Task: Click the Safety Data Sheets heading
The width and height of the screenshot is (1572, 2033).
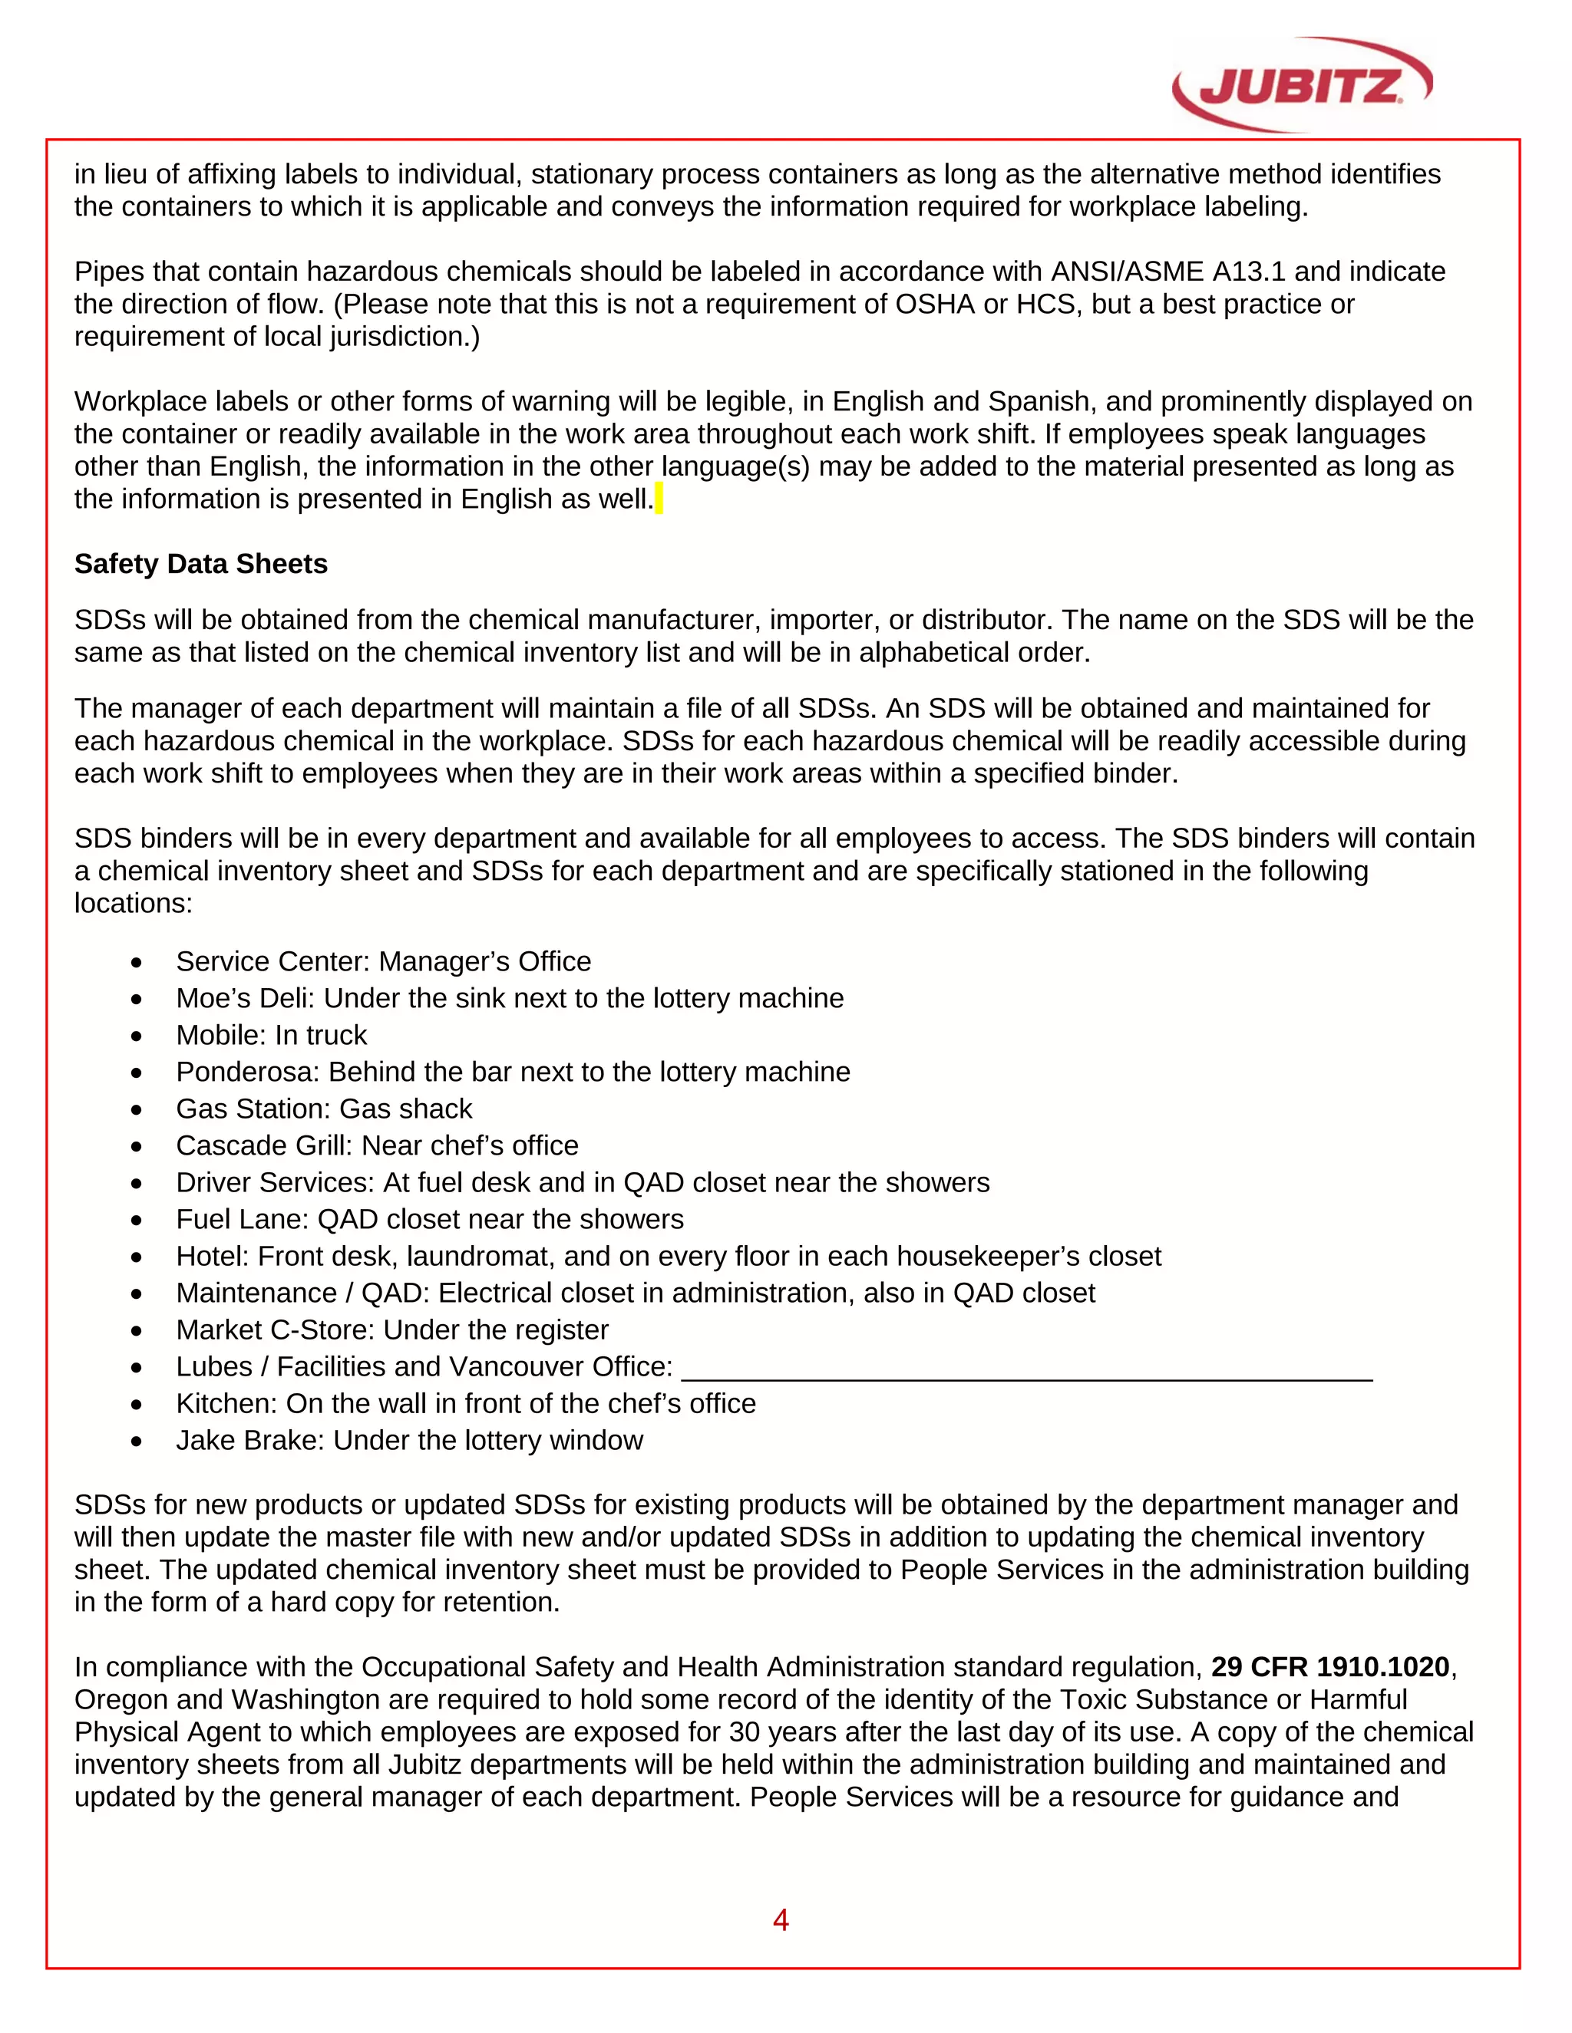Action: (x=201, y=564)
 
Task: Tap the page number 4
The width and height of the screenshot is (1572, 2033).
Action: (x=781, y=1919)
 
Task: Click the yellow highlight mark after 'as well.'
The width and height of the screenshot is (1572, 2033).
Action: (x=659, y=499)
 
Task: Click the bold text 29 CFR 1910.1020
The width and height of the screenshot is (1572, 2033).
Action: (x=1330, y=1666)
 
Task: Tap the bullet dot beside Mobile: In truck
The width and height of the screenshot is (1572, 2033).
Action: (x=137, y=1036)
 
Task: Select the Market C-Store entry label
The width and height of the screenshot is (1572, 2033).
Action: (x=275, y=1330)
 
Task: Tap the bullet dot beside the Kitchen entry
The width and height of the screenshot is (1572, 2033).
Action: (x=137, y=1404)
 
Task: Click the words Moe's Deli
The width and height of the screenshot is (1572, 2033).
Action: (x=245, y=999)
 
